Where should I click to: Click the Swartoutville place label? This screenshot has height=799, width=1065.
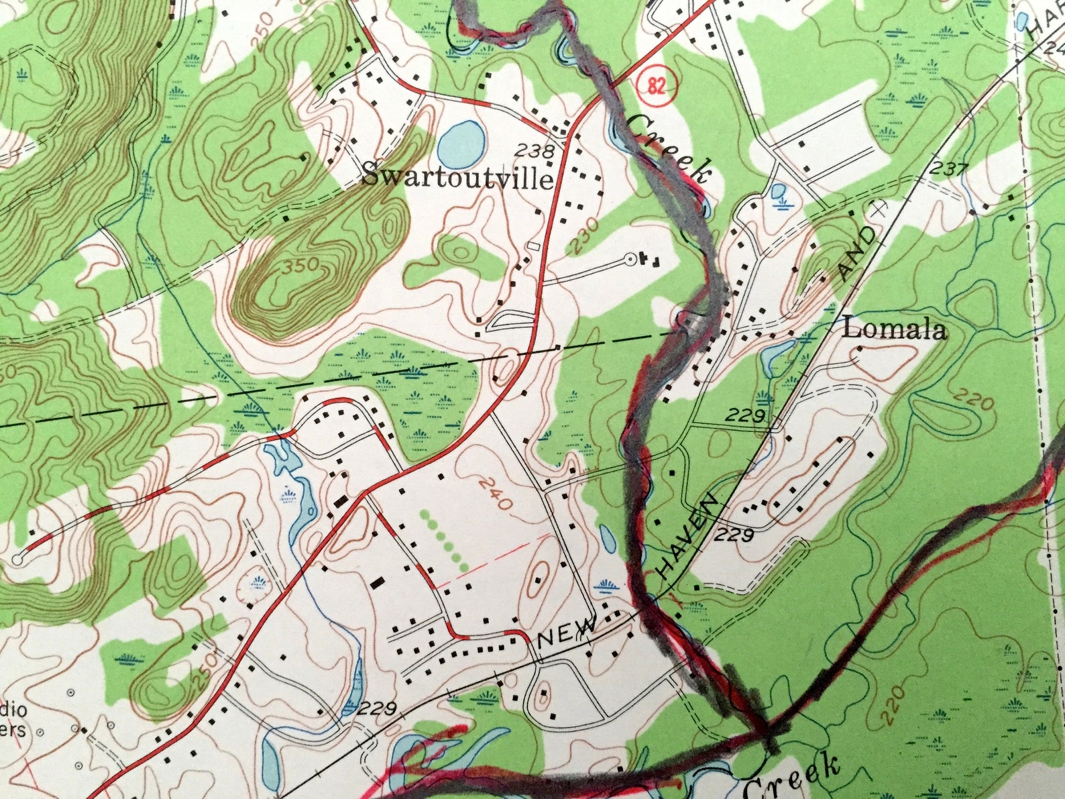pyautogui.click(x=459, y=178)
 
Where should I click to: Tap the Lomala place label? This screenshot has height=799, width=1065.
pyautogui.click(x=895, y=329)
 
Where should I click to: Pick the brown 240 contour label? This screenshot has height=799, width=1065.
pyautogui.click(x=497, y=493)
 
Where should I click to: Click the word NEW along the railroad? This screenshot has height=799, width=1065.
pyautogui.click(x=567, y=633)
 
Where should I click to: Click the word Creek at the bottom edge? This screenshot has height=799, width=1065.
pyautogui.click(x=791, y=777)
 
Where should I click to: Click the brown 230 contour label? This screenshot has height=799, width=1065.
pyautogui.click(x=584, y=237)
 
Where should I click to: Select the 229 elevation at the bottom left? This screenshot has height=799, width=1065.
pyautogui.click(x=380, y=709)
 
